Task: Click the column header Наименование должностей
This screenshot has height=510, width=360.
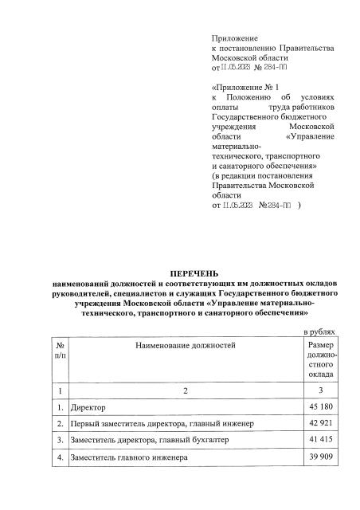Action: (x=186, y=347)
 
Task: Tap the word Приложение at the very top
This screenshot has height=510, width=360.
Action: (x=232, y=38)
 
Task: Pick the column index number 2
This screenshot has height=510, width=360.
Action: (x=186, y=390)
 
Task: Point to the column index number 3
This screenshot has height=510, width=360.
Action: (x=320, y=390)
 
